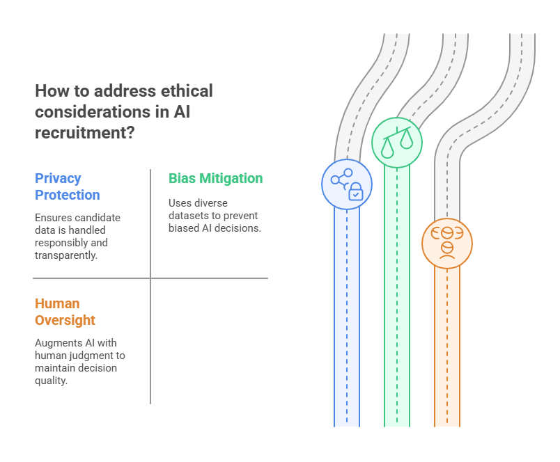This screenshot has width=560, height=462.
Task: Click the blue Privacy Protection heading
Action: pyautogui.click(x=68, y=186)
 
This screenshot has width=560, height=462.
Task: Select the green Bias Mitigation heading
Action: pyautogui.click(x=215, y=178)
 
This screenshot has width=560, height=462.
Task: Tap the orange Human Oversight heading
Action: pyautogui.click(x=65, y=312)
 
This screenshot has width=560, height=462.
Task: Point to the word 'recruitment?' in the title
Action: pyautogui.click(x=84, y=132)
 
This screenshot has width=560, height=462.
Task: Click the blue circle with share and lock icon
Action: pyautogui.click(x=347, y=183)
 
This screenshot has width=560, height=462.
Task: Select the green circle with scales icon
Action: pyautogui.click(x=397, y=143)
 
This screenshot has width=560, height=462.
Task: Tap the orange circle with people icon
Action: pyautogui.click(x=447, y=243)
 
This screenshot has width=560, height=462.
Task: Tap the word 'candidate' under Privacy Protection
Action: pyautogui.click(x=98, y=218)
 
